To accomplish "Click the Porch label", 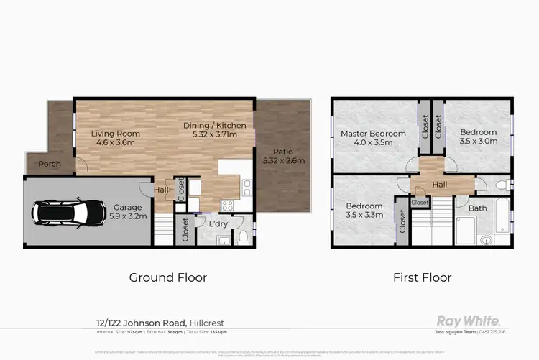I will pos(50,164).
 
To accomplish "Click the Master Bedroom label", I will pos(373,138).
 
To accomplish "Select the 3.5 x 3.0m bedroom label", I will pos(479,137).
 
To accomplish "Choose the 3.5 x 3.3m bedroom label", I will pos(363,210).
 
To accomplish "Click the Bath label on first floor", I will pos(477,208).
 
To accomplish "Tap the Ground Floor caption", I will pos(167,277).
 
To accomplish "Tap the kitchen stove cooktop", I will pos(226,205).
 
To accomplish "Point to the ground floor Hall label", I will pos(162,190).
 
